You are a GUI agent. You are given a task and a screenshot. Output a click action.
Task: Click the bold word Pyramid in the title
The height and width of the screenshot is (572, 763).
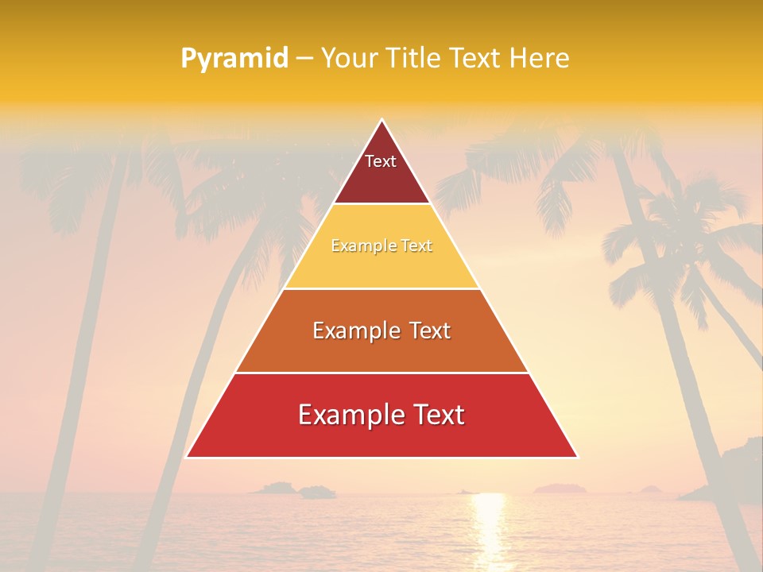click(234, 58)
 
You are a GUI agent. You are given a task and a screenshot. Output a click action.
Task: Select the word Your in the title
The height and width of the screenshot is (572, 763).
click(347, 58)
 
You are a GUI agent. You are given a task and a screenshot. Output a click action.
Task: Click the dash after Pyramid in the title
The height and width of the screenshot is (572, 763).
click(304, 58)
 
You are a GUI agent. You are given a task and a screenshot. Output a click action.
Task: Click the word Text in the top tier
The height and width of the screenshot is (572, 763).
click(381, 161)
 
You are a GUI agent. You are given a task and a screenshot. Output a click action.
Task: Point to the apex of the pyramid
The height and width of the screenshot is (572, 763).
click(381, 121)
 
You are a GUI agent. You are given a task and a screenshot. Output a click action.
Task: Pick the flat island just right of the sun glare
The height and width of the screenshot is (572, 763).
click(560, 488)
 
